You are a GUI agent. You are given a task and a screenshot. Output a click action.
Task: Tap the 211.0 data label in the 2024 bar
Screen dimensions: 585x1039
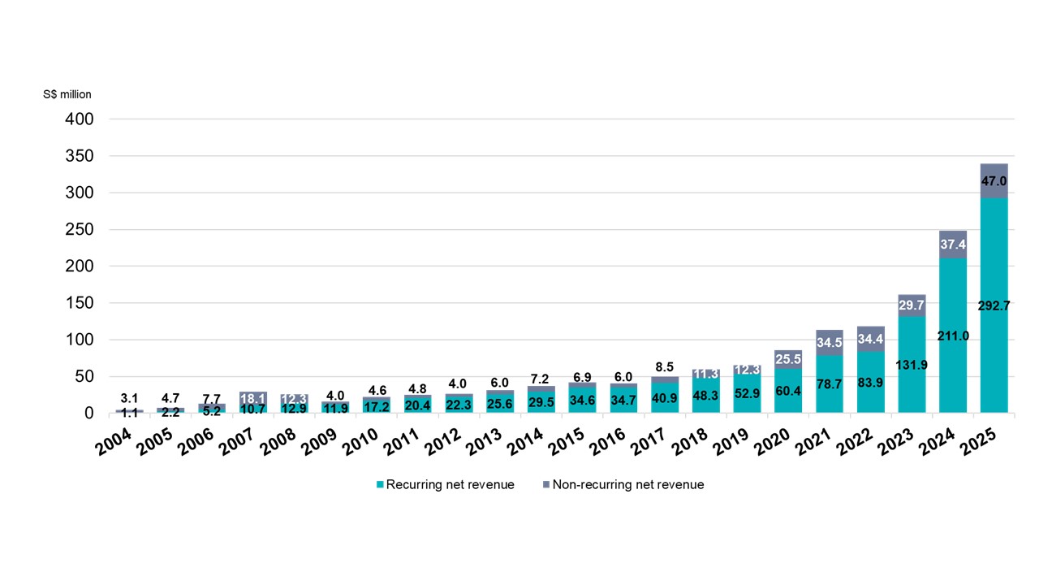point(953,335)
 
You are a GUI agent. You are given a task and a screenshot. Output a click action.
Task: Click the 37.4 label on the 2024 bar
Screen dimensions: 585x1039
point(953,245)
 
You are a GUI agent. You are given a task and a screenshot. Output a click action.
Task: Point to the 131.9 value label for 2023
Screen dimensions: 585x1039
point(912,364)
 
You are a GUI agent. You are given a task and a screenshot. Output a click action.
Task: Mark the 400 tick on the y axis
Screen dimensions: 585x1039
point(79,119)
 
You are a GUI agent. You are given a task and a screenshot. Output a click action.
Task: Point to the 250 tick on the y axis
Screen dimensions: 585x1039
point(79,230)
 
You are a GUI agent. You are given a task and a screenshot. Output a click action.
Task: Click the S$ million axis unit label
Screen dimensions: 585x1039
point(67,94)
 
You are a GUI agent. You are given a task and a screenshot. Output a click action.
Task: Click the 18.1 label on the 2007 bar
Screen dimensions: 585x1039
point(253,398)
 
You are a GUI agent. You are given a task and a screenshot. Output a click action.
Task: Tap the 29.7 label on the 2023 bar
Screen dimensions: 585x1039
point(912,305)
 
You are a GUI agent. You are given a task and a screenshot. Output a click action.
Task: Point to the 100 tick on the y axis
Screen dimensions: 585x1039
point(79,340)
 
